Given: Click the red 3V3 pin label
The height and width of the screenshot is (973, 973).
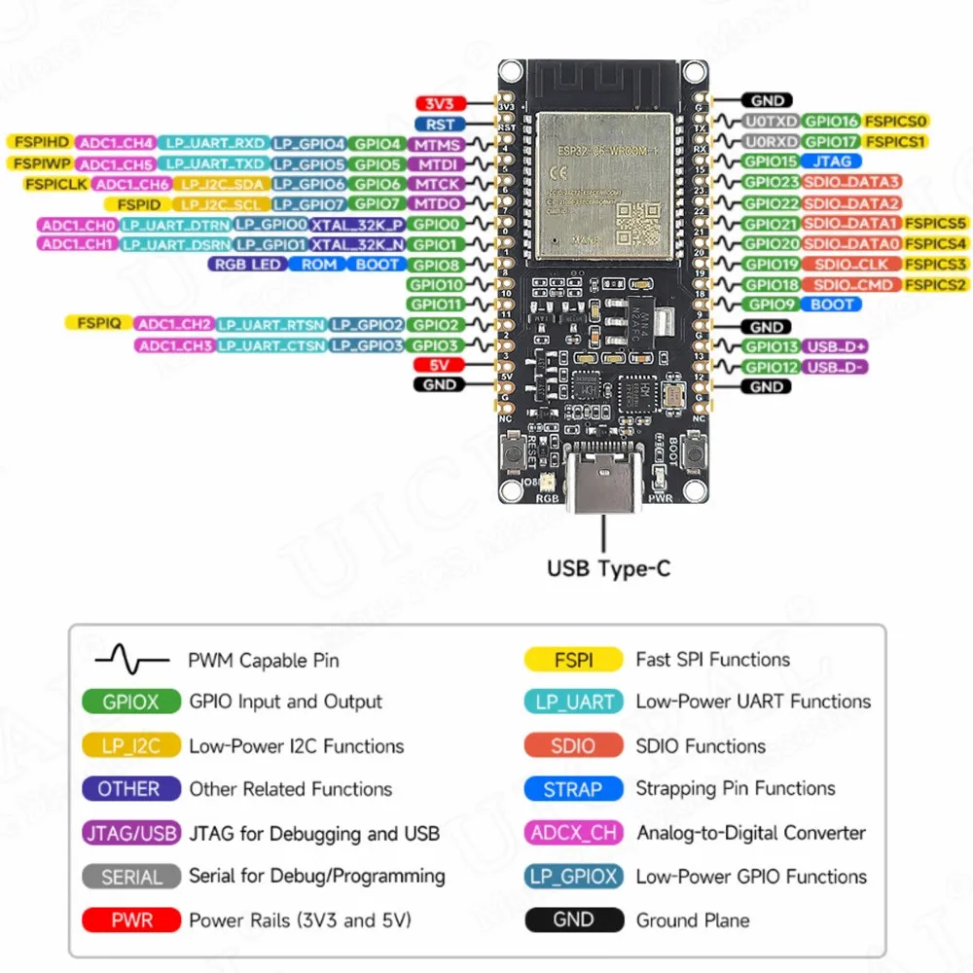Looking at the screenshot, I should click(x=441, y=103).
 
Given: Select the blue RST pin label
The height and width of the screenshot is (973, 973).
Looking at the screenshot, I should click(x=441, y=125).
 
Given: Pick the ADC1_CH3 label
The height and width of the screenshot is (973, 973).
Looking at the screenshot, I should click(x=175, y=345).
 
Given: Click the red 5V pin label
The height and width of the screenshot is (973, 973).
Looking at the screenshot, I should click(x=440, y=366).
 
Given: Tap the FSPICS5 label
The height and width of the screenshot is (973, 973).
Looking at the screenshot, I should click(x=936, y=223).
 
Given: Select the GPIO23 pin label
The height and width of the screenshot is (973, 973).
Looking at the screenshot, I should click(x=771, y=182).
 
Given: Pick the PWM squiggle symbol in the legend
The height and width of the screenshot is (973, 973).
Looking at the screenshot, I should click(x=130, y=661).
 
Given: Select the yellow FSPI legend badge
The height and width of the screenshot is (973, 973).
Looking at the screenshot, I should click(x=573, y=660).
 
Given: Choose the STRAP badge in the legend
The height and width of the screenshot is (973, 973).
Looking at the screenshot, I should click(x=573, y=789).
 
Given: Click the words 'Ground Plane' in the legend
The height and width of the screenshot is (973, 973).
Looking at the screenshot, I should click(x=693, y=919).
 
